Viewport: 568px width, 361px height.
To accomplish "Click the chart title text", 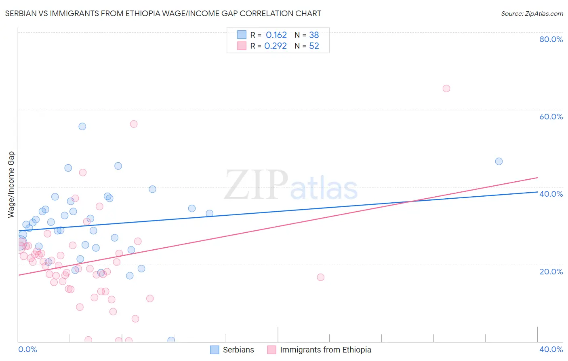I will pos(163,13).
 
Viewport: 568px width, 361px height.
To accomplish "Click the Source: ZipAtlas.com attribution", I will pos(532,14).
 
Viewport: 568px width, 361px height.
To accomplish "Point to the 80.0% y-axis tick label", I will pos(551,39).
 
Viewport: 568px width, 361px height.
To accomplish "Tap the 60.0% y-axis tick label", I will pos(551,117).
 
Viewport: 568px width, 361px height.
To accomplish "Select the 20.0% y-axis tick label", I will pos(551,272).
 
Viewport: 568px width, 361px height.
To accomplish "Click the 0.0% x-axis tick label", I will pos(27,349).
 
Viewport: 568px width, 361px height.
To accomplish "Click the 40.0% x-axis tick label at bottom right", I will pos(551,349).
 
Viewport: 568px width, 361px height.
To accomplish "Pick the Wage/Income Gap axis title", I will pos(11,185).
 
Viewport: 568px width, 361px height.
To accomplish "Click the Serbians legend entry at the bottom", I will pos(238,350).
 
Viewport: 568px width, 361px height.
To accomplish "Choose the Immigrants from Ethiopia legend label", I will pos(325,350).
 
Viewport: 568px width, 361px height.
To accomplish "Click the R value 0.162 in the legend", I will pos(276,35).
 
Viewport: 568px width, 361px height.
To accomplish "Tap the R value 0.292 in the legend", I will pos(276,46).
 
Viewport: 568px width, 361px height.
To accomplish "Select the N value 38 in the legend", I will pos(314,35).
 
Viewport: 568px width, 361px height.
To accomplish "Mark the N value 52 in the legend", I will pos(314,46).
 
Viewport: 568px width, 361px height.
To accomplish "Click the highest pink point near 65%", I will pos(446,89).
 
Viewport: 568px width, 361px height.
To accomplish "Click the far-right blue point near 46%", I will pos(499,161).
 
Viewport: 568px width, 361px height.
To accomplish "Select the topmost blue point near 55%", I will pos(82,126).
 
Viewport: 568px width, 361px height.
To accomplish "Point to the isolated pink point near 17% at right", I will pos(321,277).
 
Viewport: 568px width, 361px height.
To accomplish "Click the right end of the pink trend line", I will pos(537,178).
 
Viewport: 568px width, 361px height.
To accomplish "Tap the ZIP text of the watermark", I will pos(256,185).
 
